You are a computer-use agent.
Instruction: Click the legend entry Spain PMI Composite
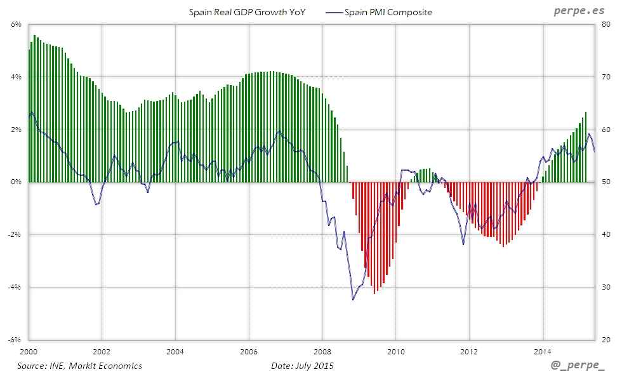pyautogui.click(x=388, y=12)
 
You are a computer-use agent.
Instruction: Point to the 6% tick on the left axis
pyautogui.click(x=17, y=25)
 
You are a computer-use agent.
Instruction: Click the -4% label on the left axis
pyautogui.click(x=15, y=287)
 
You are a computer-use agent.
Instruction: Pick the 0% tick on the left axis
pyautogui.click(x=17, y=182)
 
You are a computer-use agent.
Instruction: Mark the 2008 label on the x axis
pyautogui.click(x=322, y=351)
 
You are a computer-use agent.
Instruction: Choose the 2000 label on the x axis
pyautogui.click(x=29, y=351)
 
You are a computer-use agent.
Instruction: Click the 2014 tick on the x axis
pyautogui.click(x=543, y=351)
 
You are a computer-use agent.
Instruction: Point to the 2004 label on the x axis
pyautogui.click(x=175, y=351)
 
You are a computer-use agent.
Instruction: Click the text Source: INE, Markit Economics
pyautogui.click(x=79, y=366)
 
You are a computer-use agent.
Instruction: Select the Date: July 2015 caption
pyautogui.click(x=302, y=366)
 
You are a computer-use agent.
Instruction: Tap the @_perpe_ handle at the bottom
pyautogui.click(x=578, y=366)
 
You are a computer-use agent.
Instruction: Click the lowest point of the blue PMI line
pyautogui.click(x=353, y=300)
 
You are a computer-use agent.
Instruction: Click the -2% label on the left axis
pyautogui.click(x=15, y=234)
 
